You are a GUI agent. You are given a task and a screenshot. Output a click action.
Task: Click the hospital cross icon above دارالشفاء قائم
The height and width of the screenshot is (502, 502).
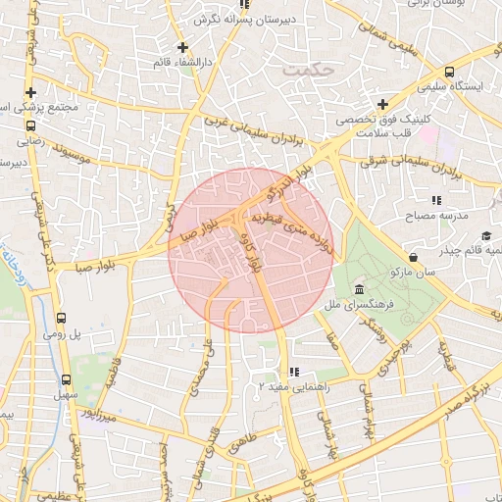click(181, 46)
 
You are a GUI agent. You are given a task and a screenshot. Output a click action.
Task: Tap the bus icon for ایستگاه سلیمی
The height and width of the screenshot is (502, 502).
click(449, 72)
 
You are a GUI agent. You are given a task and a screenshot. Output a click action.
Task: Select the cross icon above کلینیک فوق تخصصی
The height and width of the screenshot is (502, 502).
click(383, 104)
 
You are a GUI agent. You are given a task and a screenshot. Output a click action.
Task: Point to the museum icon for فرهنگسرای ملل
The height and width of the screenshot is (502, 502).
click(360, 290)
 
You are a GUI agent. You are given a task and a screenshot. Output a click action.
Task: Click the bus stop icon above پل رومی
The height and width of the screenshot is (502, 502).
click(62, 318)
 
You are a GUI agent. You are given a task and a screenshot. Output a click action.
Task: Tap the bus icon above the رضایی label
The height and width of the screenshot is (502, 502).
click(30, 125)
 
